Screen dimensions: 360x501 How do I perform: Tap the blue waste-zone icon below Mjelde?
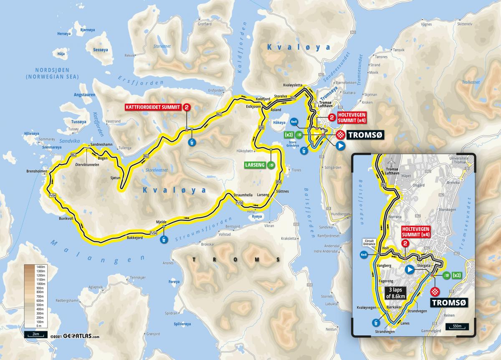pyautogui.click(x=164, y=240)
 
